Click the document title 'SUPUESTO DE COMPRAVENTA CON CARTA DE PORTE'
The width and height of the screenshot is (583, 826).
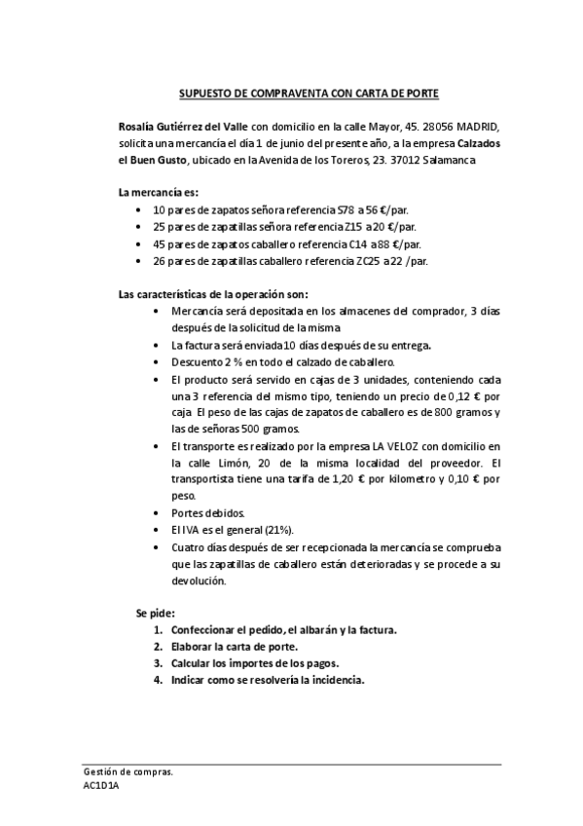point(309,94)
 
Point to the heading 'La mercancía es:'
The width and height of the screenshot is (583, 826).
point(158,193)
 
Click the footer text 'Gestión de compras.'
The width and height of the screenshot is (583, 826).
point(128,770)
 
